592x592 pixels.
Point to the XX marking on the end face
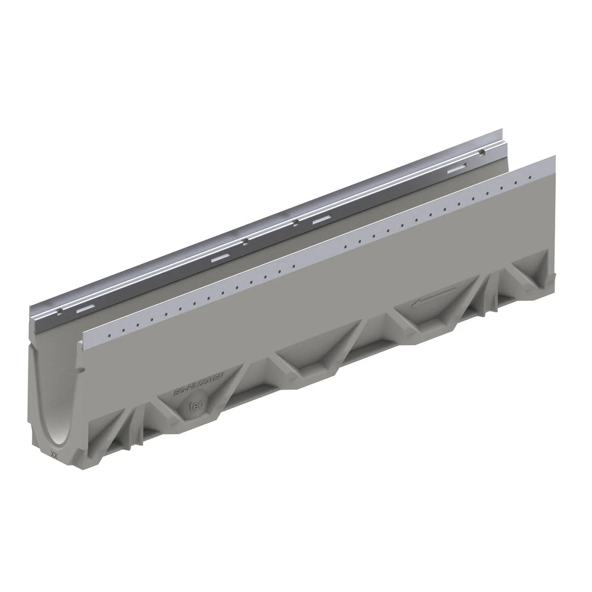click(x=54, y=456)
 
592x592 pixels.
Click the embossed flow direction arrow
click(x=435, y=298)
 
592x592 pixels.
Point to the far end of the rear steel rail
click(x=500, y=131)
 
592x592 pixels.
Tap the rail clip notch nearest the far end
click(x=484, y=152)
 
